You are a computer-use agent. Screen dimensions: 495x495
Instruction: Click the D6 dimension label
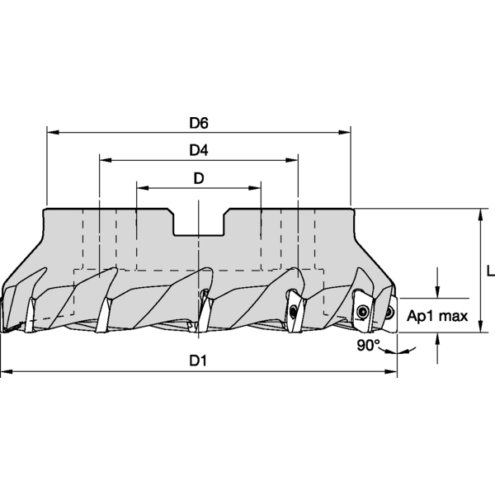point(199,123)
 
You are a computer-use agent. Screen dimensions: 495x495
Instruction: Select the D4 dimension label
point(199,150)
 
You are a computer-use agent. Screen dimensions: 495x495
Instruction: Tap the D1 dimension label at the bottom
point(198,361)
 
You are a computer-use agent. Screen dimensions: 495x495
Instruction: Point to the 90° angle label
point(369,345)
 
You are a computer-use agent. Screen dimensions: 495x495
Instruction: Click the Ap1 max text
point(437,316)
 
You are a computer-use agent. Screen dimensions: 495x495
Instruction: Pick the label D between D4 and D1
point(199,178)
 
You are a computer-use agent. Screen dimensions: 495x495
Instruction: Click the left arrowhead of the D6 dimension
point(53,132)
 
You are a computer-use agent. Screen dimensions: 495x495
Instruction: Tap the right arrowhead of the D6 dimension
point(345,132)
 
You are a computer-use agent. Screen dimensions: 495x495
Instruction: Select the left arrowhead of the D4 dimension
point(106,160)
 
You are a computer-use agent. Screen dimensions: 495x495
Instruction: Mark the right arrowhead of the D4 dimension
point(292,160)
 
